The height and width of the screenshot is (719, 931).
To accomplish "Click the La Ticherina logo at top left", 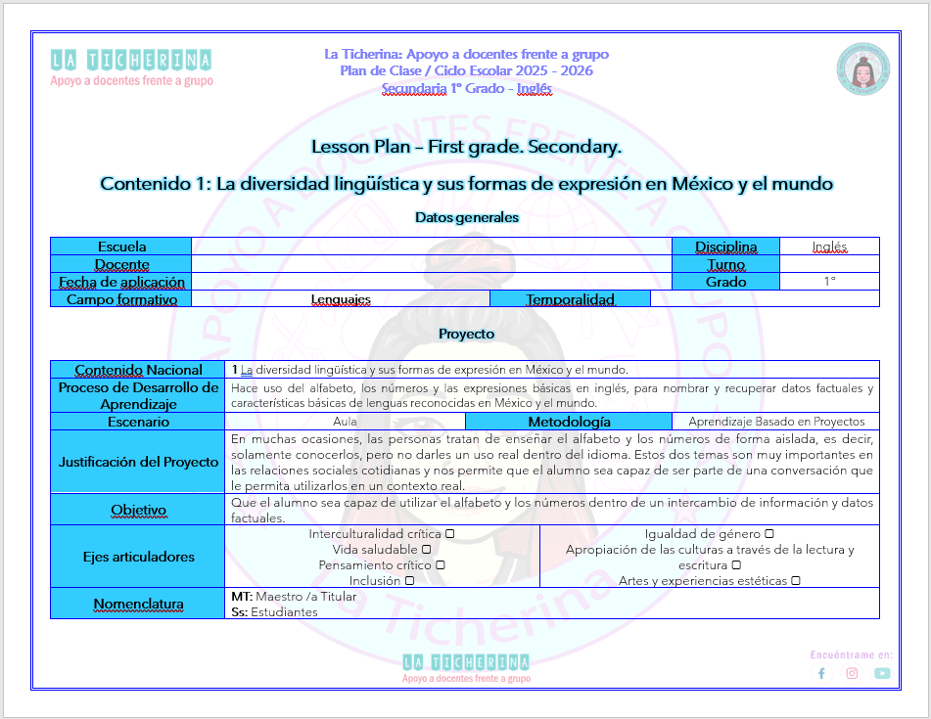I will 131,67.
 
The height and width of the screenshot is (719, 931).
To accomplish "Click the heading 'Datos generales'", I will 466,217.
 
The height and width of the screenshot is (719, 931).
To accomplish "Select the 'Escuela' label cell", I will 121,247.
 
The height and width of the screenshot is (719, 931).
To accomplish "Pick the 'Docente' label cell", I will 121,264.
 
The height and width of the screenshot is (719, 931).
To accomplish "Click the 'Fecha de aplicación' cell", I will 121,282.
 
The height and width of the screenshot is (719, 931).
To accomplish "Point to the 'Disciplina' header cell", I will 725,247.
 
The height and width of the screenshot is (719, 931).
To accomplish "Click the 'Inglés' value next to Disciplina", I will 829,247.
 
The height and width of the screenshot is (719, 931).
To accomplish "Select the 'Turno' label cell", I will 725,264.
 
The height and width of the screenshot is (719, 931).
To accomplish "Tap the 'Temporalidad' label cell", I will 570,299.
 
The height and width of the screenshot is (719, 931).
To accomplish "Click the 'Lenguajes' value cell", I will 341,299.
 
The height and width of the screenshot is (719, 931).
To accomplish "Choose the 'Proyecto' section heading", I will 466,334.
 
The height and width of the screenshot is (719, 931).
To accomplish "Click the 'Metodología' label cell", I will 569,422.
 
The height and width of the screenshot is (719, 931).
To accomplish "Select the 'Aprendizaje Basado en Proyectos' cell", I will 776,422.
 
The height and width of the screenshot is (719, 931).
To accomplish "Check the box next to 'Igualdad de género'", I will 769,534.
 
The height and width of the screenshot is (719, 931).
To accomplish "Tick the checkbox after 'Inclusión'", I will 409,581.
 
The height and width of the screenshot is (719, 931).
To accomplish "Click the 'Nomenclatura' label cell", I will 138,604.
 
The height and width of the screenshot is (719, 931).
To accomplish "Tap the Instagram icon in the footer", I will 852,673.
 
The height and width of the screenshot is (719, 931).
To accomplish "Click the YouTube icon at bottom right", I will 882,673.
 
